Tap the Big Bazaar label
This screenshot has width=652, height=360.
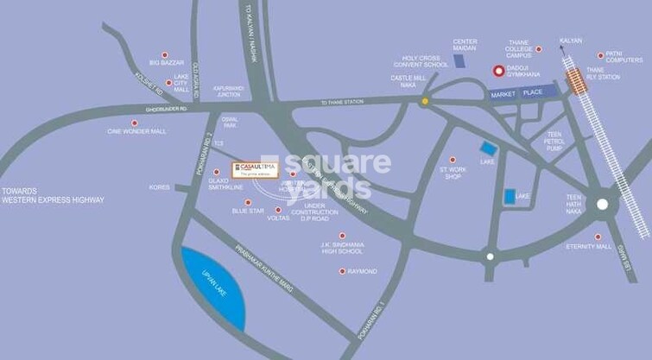click(x=168, y=62)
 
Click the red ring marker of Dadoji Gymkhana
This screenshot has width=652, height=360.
click(x=497, y=72)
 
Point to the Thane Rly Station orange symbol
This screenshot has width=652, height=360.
click(x=574, y=83)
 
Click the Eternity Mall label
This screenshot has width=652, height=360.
click(x=589, y=247)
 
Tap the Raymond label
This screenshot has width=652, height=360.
click(x=362, y=271)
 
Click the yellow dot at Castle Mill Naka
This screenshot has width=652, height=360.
click(x=424, y=101)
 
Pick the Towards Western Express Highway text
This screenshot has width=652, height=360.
click(x=53, y=195)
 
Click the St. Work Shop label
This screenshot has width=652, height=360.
click(x=453, y=174)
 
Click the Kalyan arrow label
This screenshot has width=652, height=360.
click(x=570, y=41)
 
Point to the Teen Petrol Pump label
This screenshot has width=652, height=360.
click(x=554, y=142)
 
